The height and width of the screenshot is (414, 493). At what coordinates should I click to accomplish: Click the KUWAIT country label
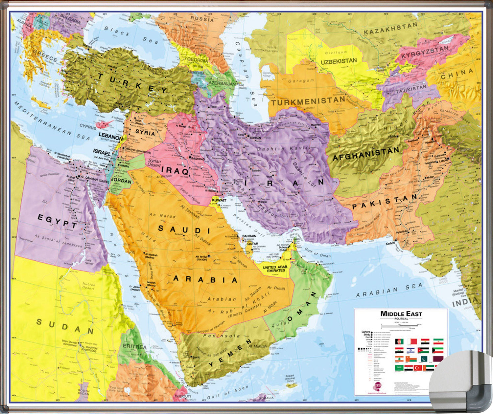click(219, 200)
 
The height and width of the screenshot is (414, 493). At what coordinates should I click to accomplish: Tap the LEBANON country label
click(111, 137)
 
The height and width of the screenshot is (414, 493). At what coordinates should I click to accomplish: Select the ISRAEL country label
click(102, 152)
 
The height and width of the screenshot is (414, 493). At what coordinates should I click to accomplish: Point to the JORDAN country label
click(121, 180)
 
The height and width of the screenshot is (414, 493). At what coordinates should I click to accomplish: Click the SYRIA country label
click(145, 133)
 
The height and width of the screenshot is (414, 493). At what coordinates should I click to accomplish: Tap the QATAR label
click(252, 244)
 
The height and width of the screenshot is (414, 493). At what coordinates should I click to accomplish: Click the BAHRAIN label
click(249, 236)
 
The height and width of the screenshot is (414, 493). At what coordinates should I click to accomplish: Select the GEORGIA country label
click(198, 60)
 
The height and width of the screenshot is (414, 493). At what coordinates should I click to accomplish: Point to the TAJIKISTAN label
click(411, 89)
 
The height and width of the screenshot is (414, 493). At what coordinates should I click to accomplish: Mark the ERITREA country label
click(134, 346)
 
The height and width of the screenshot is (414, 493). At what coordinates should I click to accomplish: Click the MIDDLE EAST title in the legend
click(401, 314)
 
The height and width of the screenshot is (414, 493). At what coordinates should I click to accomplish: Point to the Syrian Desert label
click(154, 163)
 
